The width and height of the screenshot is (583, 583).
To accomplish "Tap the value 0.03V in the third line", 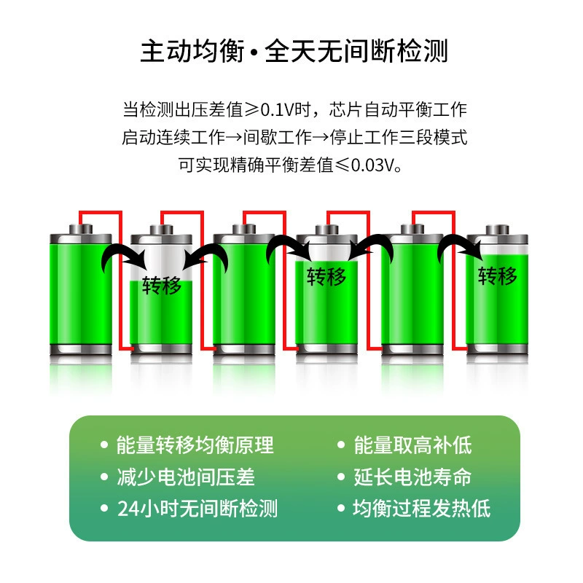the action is point(372,165).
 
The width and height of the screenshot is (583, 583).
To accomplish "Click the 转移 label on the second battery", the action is point(162,286).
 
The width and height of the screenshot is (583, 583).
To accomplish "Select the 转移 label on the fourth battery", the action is point(326,277).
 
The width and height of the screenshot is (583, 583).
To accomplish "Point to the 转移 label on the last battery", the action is point(498,275).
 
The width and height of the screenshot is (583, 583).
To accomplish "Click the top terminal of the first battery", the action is point(81,229).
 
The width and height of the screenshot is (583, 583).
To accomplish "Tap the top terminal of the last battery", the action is point(498,230).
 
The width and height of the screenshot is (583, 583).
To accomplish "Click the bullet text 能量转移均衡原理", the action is point(195,445).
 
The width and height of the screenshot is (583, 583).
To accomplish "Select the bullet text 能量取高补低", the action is point(412,445).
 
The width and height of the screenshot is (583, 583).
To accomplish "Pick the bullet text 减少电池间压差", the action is point(186,477).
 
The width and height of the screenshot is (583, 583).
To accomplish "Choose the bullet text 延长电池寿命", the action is point(412,477).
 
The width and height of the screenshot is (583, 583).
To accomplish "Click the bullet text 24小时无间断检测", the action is point(197,508).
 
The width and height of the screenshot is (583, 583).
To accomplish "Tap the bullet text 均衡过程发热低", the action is point(422,508).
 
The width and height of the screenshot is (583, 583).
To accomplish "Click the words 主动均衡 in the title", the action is point(192,50).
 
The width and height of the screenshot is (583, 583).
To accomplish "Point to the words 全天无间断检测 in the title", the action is point(356,50).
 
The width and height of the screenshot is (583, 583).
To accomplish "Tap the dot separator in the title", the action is point(254,52).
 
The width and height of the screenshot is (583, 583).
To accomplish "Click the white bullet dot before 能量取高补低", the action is point(341,445).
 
